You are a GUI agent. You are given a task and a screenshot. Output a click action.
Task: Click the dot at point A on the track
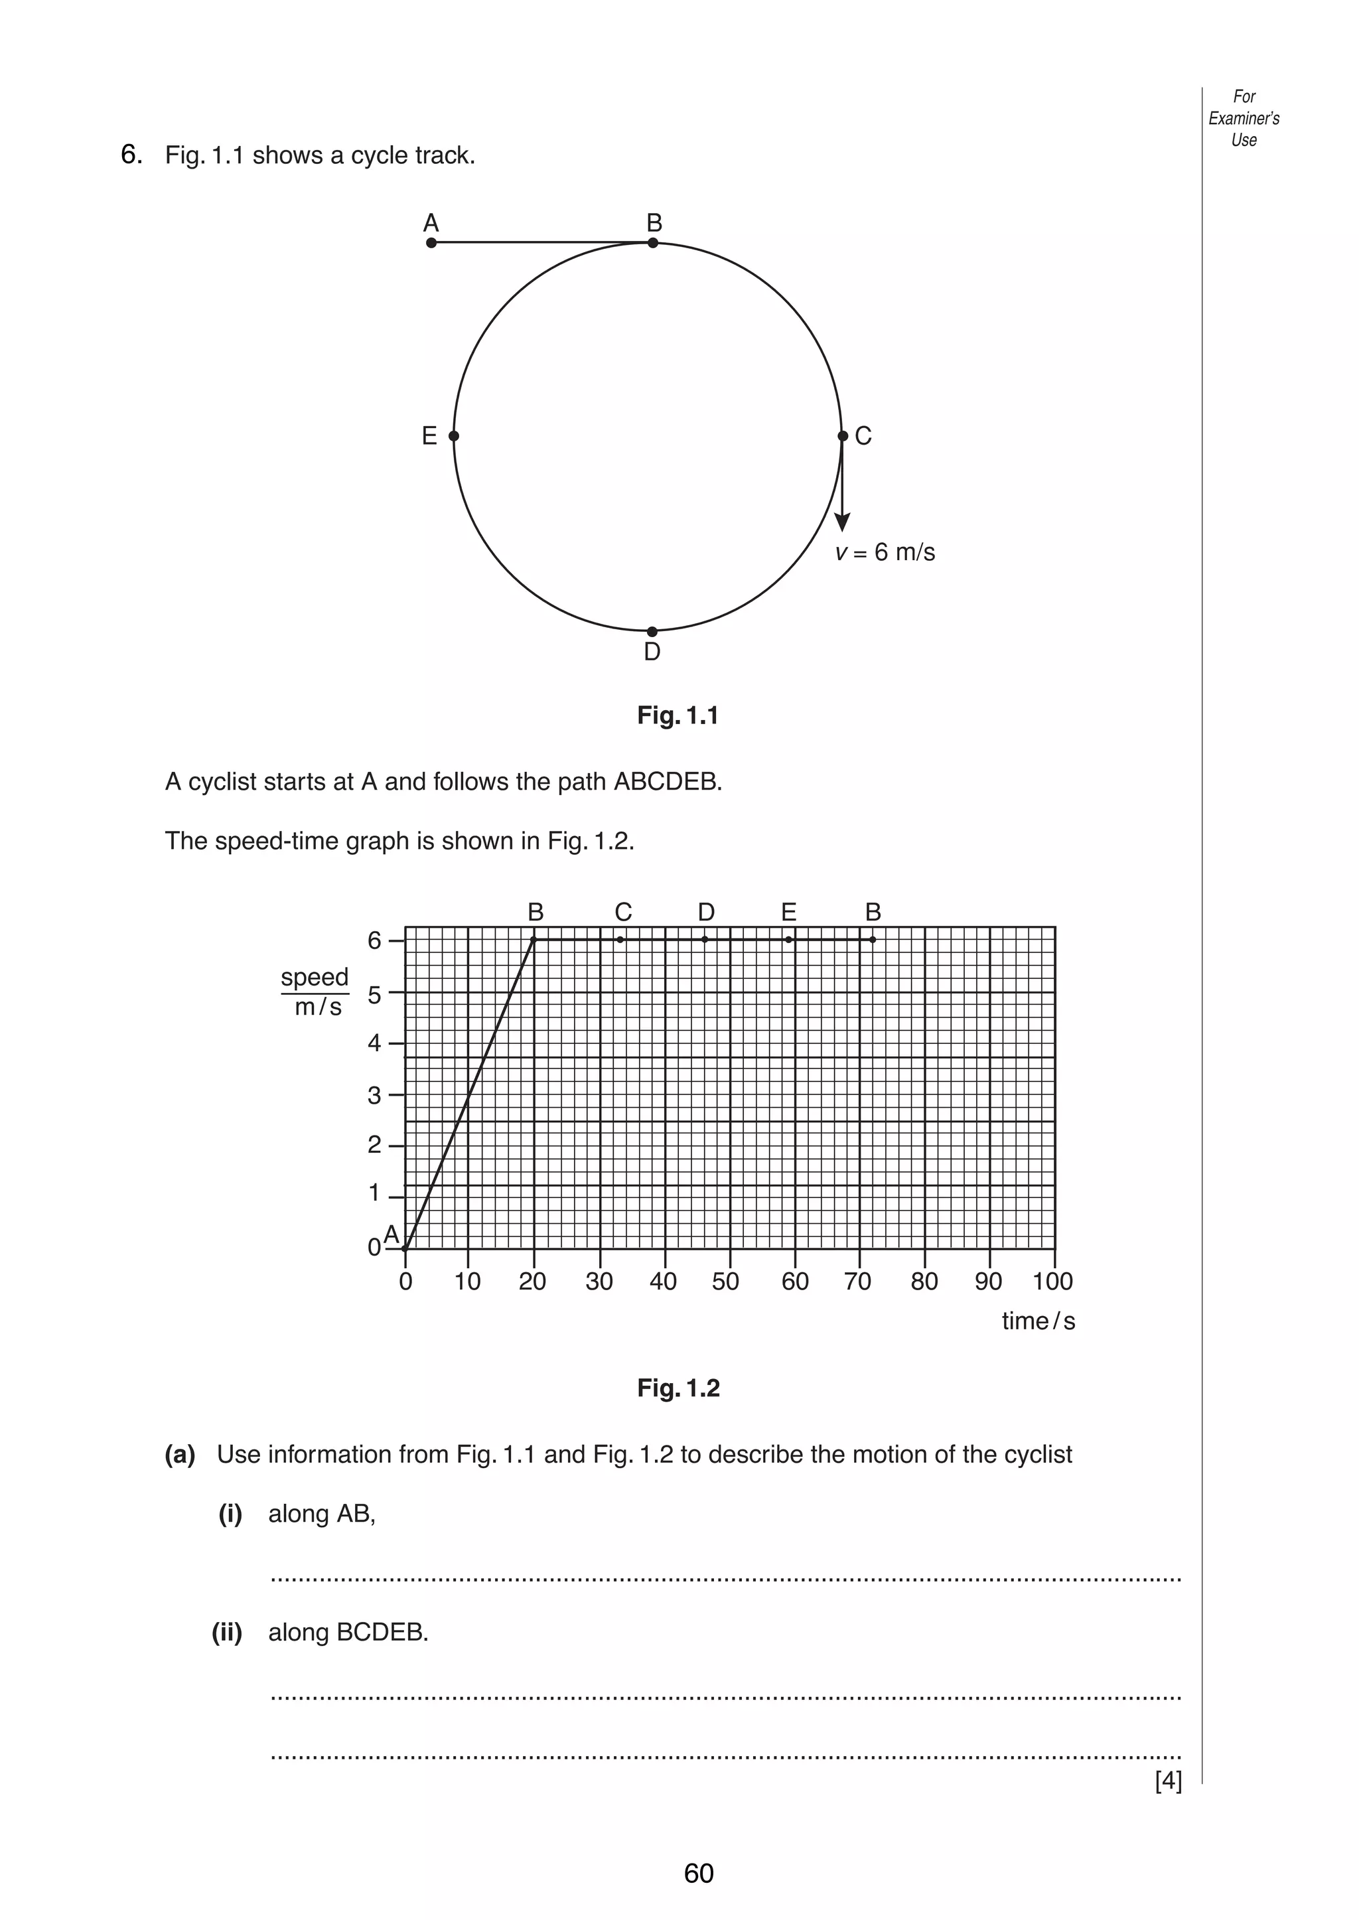point(431,243)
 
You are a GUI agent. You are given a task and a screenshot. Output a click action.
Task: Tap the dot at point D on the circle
point(652,631)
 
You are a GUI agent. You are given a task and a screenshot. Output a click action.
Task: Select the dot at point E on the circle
point(454,436)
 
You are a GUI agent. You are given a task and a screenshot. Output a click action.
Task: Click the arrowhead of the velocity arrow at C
point(843,522)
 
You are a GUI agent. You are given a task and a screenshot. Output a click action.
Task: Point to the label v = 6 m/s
point(885,552)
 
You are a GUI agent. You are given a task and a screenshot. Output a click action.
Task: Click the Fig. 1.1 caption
point(678,715)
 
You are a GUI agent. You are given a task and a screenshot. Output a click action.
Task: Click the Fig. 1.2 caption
point(678,1388)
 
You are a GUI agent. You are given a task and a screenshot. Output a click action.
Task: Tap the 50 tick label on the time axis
point(725,1282)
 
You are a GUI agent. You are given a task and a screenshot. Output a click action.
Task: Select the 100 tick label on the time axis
point(1052,1282)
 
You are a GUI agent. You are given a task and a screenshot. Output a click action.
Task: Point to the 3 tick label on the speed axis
point(374,1095)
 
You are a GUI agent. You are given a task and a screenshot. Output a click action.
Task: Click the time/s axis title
point(1038,1321)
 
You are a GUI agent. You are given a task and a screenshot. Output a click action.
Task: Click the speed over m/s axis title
point(315,992)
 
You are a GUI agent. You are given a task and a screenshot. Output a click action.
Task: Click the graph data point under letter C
point(620,940)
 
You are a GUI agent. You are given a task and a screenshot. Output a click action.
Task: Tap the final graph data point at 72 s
point(873,940)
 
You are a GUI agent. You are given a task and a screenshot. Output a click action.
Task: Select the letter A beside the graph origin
point(391,1234)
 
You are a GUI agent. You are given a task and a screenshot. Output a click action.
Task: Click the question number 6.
point(131,154)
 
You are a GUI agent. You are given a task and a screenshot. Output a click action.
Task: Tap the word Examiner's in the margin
point(1244,118)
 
